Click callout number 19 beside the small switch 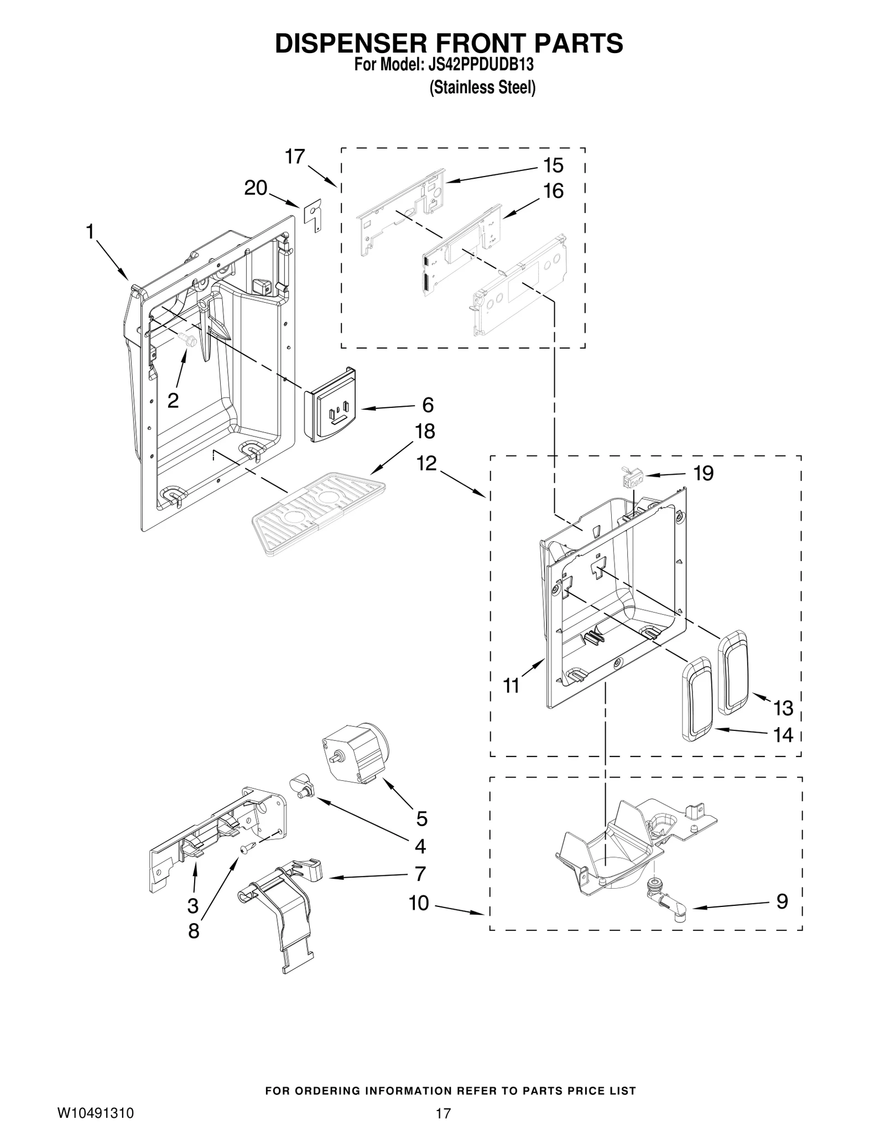703,474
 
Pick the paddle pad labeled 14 697,698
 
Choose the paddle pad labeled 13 733,671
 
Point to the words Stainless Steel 482,88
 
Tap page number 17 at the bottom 443,1124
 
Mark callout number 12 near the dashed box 426,463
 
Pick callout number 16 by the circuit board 553,191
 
